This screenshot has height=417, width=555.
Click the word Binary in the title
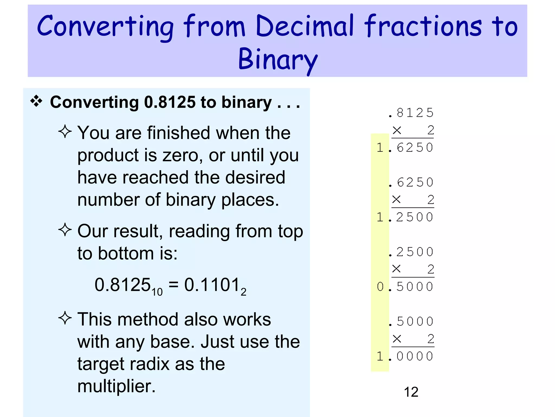[278, 59]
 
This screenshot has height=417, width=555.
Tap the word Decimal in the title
[305, 26]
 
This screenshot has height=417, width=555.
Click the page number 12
[411, 392]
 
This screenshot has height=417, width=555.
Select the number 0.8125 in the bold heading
[170, 102]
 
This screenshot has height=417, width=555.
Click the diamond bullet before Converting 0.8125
[36, 102]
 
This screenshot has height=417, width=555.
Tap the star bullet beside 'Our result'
[65, 230]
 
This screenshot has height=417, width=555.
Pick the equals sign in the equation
[173, 285]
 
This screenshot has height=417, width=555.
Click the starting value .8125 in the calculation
[411, 113]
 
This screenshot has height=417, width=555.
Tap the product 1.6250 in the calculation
[405, 148]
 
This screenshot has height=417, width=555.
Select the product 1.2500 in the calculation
[405, 217]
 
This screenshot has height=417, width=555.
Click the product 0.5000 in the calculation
[405, 287]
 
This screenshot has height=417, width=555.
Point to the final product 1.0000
[405, 356]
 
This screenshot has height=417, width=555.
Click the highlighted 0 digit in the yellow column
[380, 287]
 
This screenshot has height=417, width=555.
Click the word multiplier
[117, 386]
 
